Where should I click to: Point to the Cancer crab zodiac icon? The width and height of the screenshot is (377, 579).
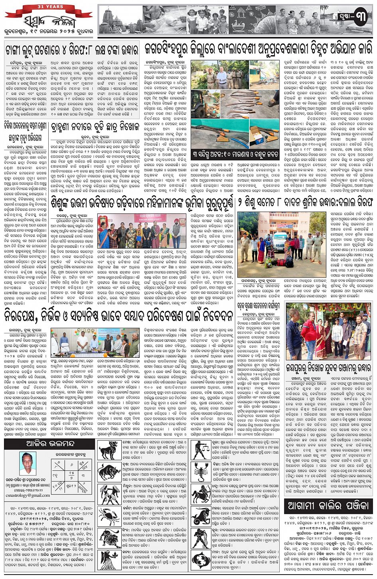[109, 516]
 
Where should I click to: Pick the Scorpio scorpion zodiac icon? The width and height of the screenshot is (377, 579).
[201, 472]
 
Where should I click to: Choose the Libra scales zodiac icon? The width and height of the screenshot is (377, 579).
[201, 450]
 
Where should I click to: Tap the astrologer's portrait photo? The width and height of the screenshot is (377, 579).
[28, 463]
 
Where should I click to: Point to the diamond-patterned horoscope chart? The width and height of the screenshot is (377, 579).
[66, 475]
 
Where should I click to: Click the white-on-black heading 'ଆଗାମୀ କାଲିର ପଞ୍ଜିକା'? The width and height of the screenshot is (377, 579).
[328, 506]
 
